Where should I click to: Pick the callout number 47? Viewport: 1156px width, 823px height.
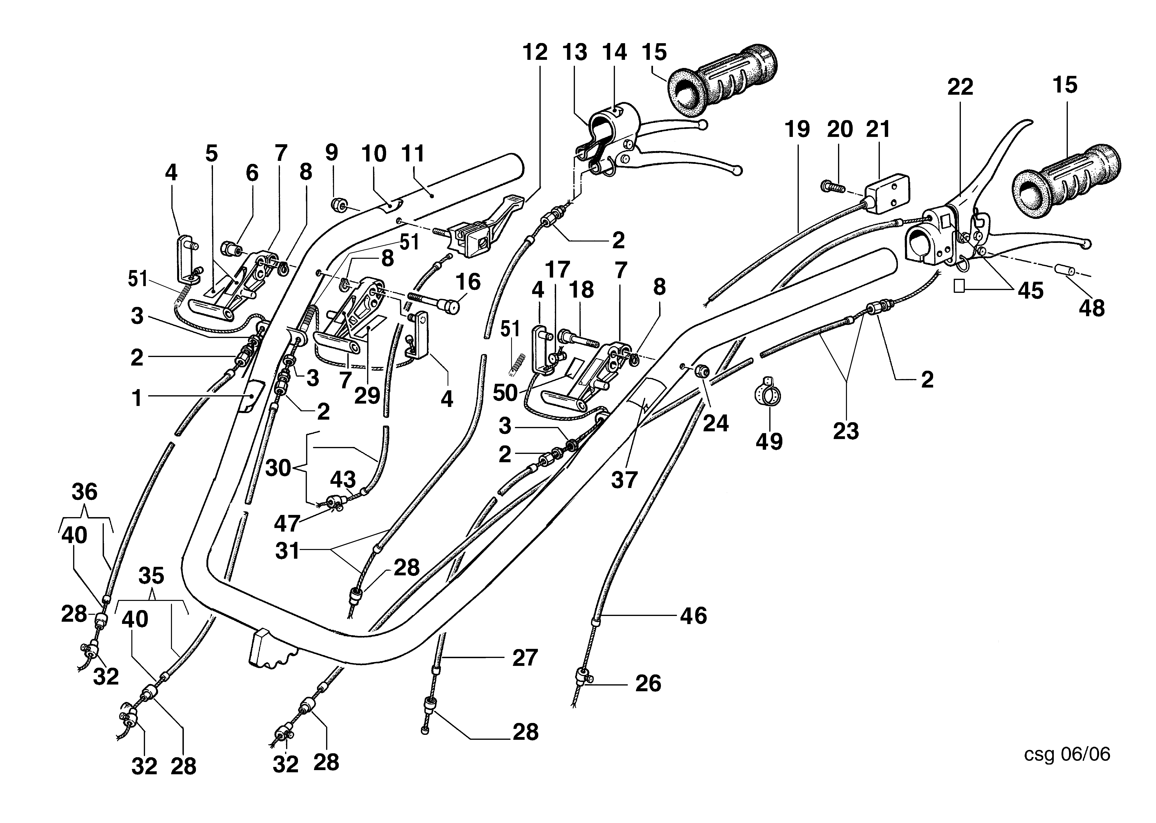click(287, 523)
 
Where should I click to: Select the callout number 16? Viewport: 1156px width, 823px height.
click(467, 282)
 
